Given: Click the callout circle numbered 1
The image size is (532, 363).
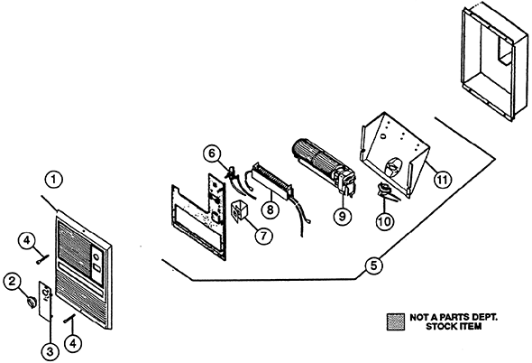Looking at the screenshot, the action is coord(54,180).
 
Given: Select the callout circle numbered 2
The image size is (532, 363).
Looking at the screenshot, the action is coord(13,282).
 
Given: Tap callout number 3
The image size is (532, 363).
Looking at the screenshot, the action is coord(50,350).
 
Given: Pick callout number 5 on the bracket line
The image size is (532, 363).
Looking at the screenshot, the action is coord(373,265).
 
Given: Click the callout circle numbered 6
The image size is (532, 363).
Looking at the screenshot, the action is coord(211,154).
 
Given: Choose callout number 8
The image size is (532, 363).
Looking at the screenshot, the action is coord(270,209).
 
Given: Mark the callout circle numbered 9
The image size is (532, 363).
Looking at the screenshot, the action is coord(342,216).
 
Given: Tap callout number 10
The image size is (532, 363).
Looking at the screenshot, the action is coord(385,221).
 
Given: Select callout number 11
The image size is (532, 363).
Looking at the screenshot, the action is coord(443,179).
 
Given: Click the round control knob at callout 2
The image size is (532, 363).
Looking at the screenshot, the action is coord(32,302).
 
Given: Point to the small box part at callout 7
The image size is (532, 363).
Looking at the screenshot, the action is coord(239,210).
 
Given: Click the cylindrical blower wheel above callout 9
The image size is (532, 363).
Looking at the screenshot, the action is coord(319,159).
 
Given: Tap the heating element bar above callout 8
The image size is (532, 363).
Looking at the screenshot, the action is coord(271,180).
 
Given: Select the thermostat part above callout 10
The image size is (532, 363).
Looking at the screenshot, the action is coord(387,192).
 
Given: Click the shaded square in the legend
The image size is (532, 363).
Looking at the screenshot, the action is coord(396,321).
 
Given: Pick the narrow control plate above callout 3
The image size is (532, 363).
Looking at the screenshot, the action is coord(45,300).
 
